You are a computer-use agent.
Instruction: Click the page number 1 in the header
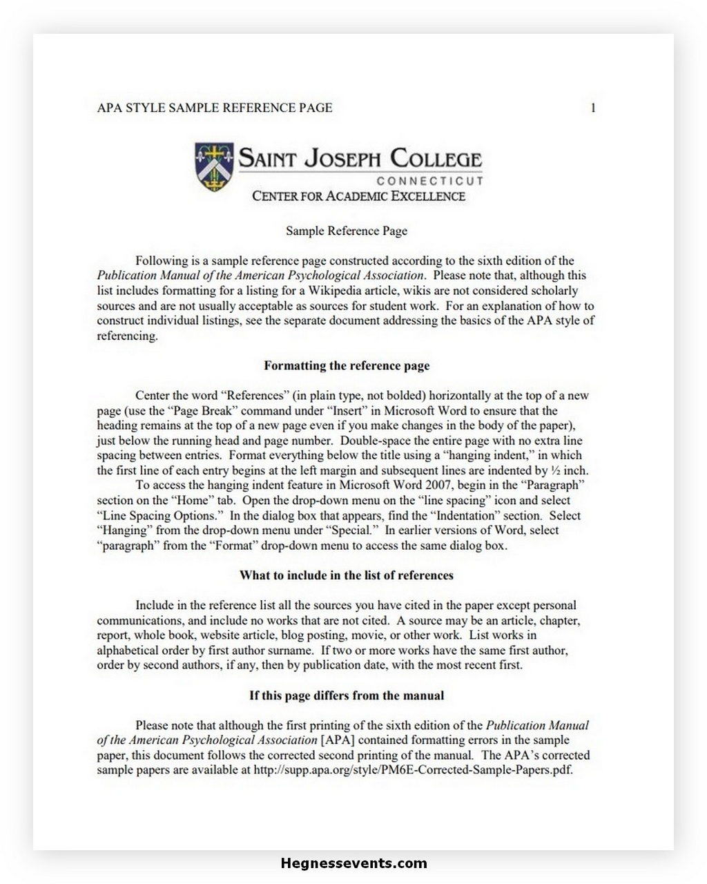(x=592, y=108)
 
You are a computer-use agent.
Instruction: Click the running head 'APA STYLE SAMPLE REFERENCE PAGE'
(x=215, y=108)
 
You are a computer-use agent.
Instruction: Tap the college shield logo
(x=214, y=166)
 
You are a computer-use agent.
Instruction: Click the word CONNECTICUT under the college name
(x=429, y=181)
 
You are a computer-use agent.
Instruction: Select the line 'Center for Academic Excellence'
(x=358, y=196)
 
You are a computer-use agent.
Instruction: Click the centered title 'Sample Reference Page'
(x=347, y=231)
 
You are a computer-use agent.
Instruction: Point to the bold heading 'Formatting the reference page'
(x=347, y=366)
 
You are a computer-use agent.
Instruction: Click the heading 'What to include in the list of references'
(x=347, y=575)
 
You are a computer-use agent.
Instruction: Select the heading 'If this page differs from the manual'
(x=347, y=695)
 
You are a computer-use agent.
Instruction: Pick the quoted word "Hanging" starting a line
(x=125, y=530)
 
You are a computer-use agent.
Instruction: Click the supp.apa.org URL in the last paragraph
(x=413, y=770)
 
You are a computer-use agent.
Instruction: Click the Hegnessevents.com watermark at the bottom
(x=353, y=863)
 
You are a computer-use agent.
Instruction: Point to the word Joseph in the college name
(x=342, y=159)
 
